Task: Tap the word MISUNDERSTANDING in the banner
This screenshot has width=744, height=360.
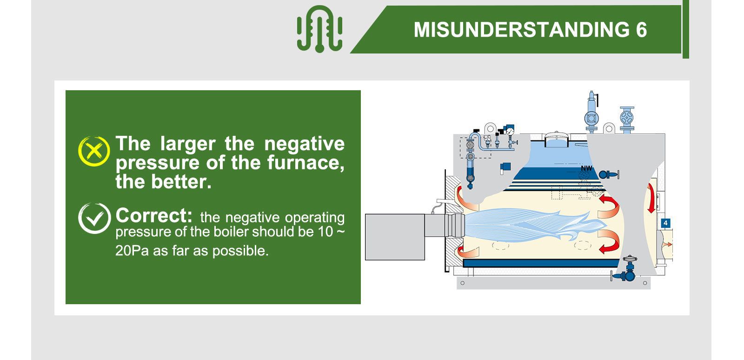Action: click(520, 30)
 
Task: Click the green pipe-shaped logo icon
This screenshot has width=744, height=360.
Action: click(319, 29)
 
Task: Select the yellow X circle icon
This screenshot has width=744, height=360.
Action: click(94, 151)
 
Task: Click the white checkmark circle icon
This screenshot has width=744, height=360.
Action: click(94, 218)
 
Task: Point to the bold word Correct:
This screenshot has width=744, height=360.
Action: click(153, 216)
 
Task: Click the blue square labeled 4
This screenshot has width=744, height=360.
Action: click(665, 223)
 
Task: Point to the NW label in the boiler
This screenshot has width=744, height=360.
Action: click(586, 168)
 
